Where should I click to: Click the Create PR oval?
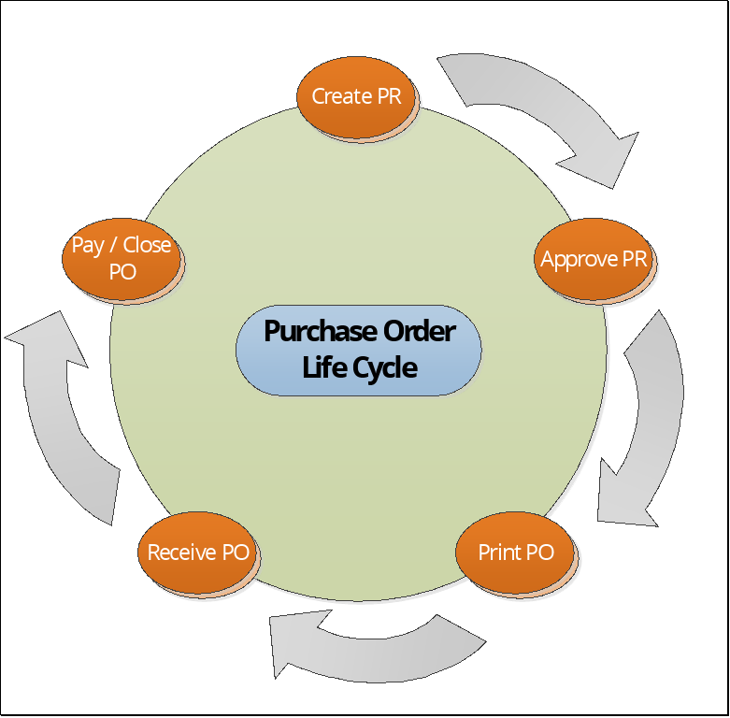point(356,96)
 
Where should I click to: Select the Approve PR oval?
point(594,260)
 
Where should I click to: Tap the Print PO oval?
point(516,553)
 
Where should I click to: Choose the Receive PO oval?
point(198,553)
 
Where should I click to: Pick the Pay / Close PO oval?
point(122,258)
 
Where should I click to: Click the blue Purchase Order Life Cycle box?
point(359,350)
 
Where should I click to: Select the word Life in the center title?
point(321,366)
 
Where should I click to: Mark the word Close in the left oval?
point(148,245)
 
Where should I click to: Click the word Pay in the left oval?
point(87,245)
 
